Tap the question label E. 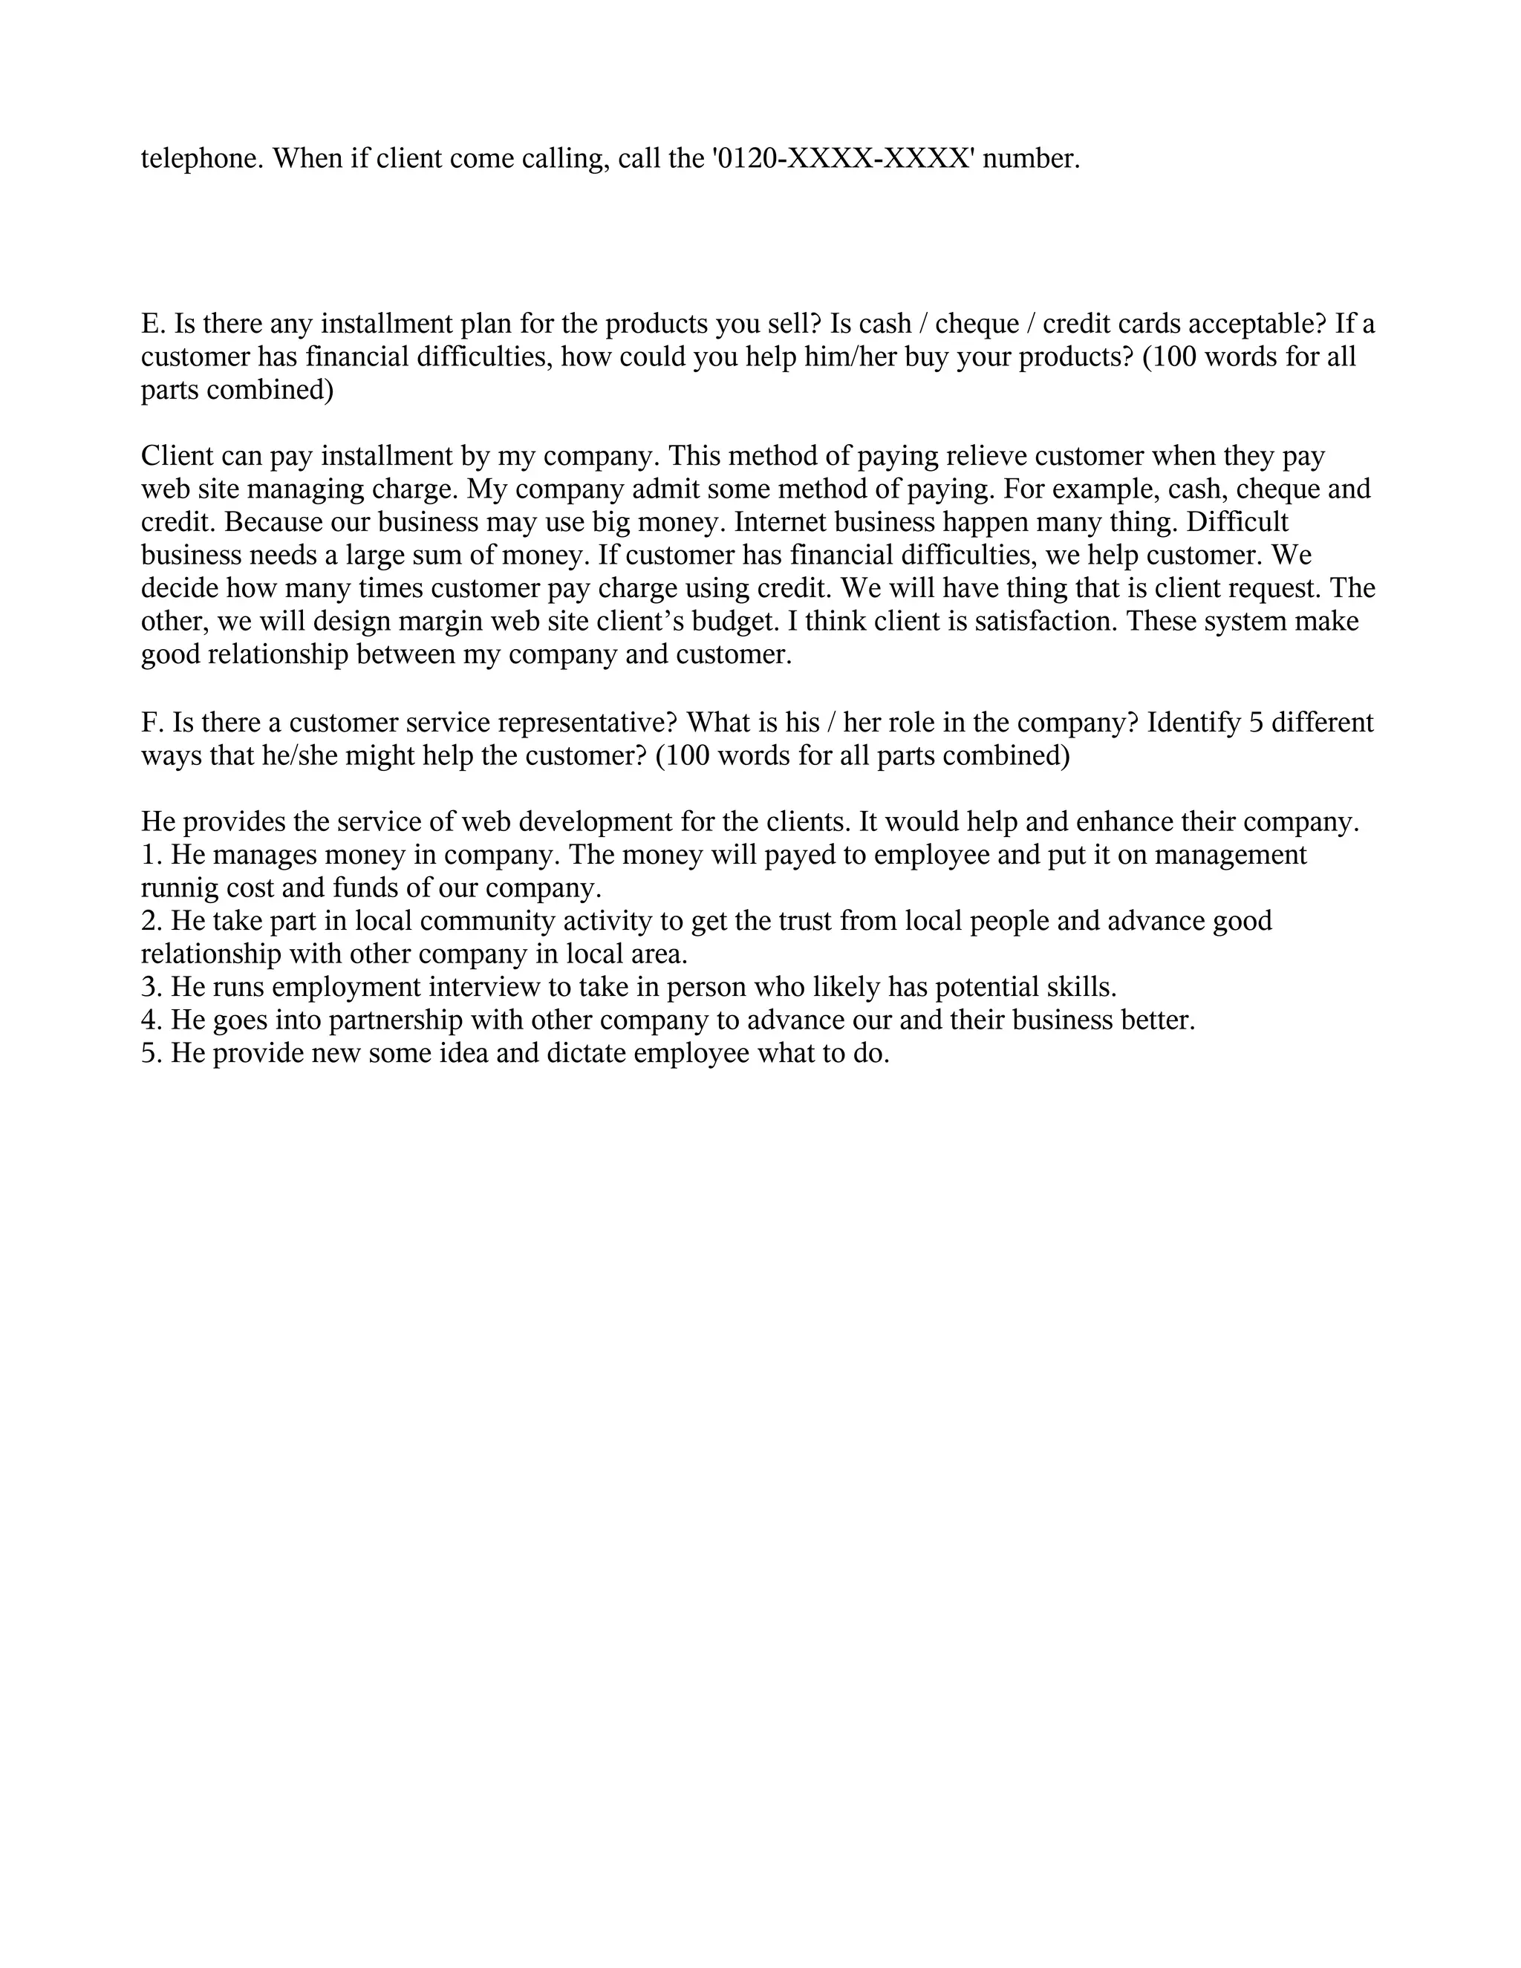pyautogui.click(x=152, y=325)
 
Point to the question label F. pyautogui.click(x=152, y=723)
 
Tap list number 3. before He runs pyautogui.click(x=152, y=988)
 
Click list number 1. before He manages pyautogui.click(x=152, y=855)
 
